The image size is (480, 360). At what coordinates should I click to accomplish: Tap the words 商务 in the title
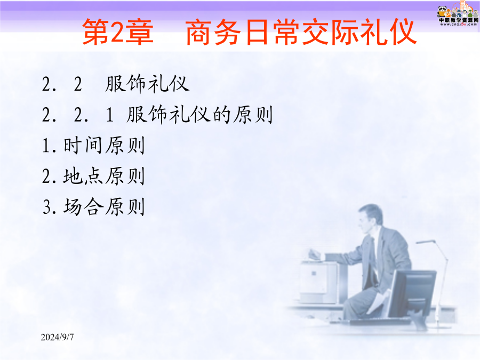[213, 32]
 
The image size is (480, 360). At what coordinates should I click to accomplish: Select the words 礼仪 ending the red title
[388, 32]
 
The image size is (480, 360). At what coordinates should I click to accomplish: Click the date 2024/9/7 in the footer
[57, 337]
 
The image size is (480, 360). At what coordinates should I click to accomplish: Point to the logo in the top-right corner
[458, 14]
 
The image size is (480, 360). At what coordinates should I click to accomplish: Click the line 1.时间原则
[93, 145]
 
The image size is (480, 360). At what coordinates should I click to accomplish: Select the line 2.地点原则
[93, 176]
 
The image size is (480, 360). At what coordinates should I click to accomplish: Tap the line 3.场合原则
[93, 206]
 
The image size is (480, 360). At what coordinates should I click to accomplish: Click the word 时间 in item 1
[83, 145]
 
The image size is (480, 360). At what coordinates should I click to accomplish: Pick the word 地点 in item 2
[83, 176]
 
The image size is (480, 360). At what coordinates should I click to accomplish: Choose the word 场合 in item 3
[83, 206]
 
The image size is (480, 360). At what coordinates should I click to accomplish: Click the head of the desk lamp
[426, 242]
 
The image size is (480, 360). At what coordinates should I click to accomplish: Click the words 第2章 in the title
[117, 32]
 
